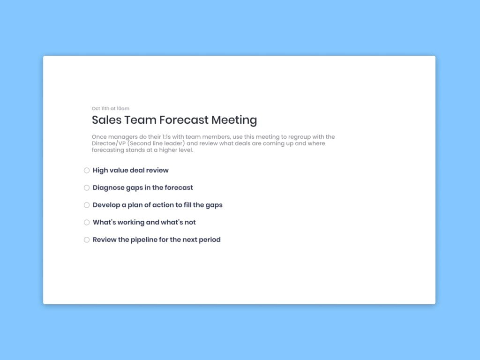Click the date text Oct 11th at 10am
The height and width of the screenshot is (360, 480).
(111, 108)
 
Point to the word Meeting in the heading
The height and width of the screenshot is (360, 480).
(234, 120)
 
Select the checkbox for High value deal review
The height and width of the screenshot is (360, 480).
(87, 170)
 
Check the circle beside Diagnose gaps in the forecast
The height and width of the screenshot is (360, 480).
(87, 187)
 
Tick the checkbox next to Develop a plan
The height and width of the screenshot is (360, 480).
(87, 205)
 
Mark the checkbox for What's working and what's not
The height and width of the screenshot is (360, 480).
(87, 222)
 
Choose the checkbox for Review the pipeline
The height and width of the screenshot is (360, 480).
(87, 240)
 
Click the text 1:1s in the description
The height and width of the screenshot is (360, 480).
(166, 136)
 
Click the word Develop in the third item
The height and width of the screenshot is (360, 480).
(106, 205)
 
